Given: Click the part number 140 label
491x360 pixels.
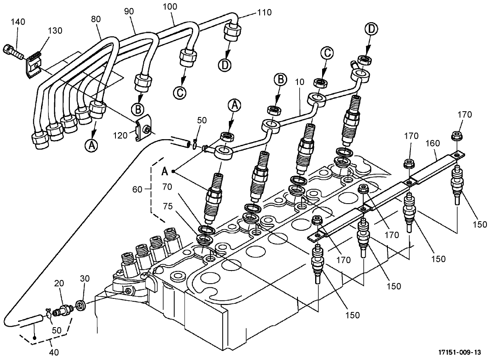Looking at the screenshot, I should [x=18, y=22].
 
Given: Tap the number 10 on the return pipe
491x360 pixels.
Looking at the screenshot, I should [x=299, y=82].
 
